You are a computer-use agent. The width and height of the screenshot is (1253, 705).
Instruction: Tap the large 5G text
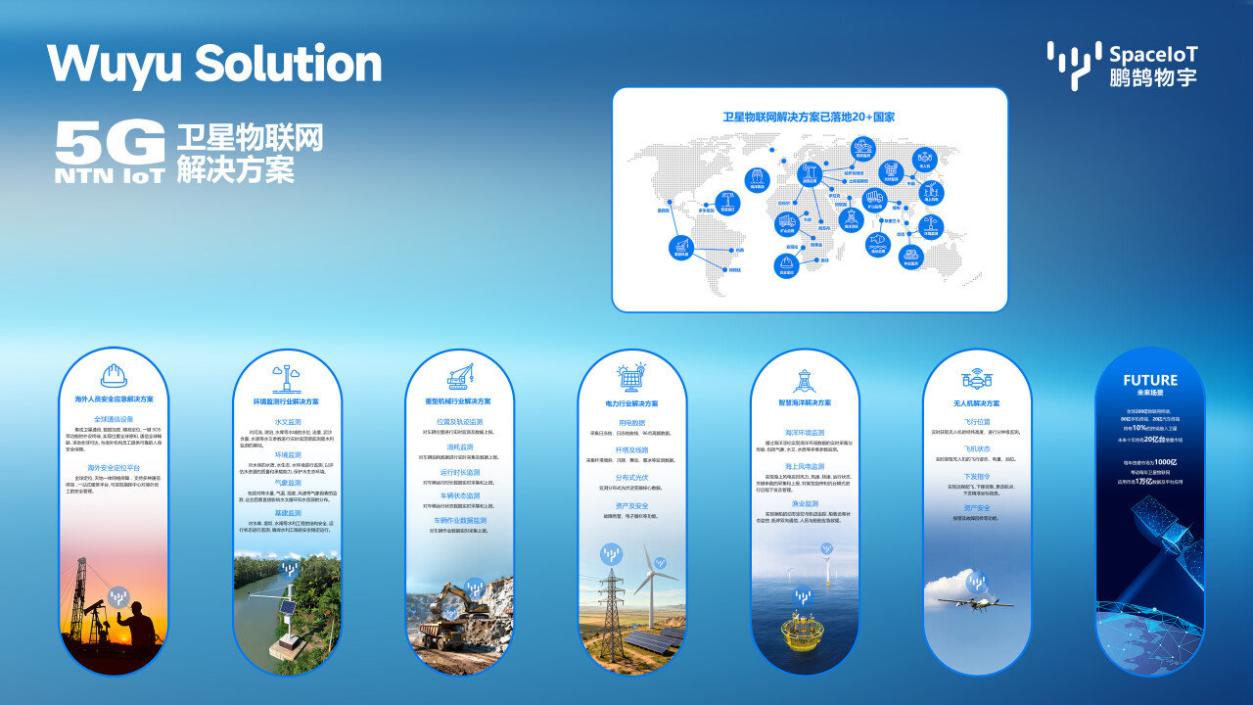click(110, 143)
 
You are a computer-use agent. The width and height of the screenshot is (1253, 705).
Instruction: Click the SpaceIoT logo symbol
click(1073, 65)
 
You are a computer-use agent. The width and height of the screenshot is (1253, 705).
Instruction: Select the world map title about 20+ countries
click(809, 117)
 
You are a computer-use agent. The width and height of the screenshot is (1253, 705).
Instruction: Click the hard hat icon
click(114, 376)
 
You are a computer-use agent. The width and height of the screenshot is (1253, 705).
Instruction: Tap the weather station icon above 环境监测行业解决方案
click(287, 378)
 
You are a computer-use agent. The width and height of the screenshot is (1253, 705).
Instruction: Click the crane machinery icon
click(459, 376)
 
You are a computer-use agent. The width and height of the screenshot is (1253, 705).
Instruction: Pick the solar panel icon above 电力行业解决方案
click(631, 377)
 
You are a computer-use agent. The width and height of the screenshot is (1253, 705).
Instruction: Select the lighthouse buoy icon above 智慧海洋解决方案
click(804, 380)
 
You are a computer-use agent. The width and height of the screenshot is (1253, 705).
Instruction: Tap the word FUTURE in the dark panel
click(1150, 380)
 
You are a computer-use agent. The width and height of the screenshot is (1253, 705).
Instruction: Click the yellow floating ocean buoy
click(803, 631)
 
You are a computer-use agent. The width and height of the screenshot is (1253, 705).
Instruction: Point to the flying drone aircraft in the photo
click(975, 602)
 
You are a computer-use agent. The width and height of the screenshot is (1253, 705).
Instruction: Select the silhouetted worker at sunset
click(137, 632)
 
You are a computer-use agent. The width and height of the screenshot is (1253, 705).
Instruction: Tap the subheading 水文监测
click(287, 421)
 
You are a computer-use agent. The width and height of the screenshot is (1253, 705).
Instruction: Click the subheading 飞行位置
click(976, 421)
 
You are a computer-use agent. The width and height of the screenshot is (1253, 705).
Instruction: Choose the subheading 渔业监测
click(804, 503)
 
